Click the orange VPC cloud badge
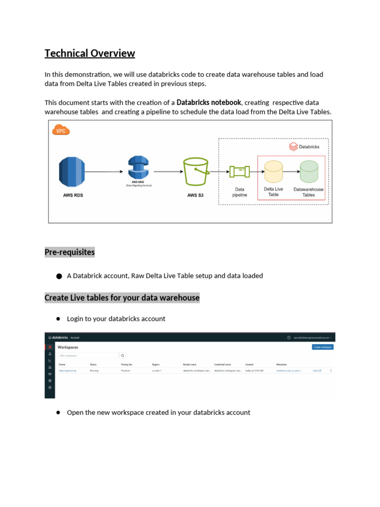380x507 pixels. tap(61, 131)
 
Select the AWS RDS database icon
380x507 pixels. tap(73, 172)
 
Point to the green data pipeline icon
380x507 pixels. tap(239, 171)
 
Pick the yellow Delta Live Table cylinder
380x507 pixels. tap(273, 171)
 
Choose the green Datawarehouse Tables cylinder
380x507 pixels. tap(309, 171)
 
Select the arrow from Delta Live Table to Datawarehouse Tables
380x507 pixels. tap(291, 172)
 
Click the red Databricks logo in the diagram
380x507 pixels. tap(292, 147)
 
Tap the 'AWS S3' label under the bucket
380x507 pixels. tap(195, 196)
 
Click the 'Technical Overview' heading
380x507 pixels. tap(90, 53)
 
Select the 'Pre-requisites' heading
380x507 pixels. tap(69, 253)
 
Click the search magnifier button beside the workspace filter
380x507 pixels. tap(123, 355)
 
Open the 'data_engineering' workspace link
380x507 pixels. tap(68, 370)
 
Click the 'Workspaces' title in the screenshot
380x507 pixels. tap(68, 348)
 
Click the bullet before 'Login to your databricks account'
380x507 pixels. tap(58, 319)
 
